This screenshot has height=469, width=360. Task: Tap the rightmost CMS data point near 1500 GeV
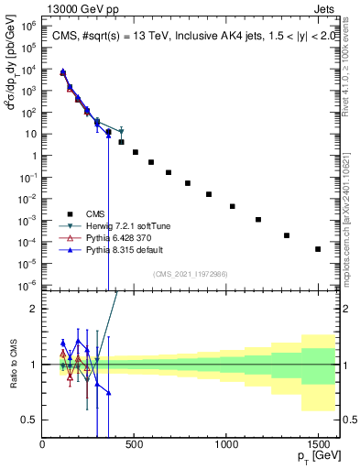(x=318, y=249)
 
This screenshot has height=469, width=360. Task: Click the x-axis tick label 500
(x=135, y=444)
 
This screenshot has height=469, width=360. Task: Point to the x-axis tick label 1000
(x=226, y=444)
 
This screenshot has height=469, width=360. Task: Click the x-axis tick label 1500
(x=318, y=444)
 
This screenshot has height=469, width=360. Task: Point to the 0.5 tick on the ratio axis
(x=30, y=420)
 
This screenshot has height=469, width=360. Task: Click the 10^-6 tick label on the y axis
(x=28, y=284)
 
